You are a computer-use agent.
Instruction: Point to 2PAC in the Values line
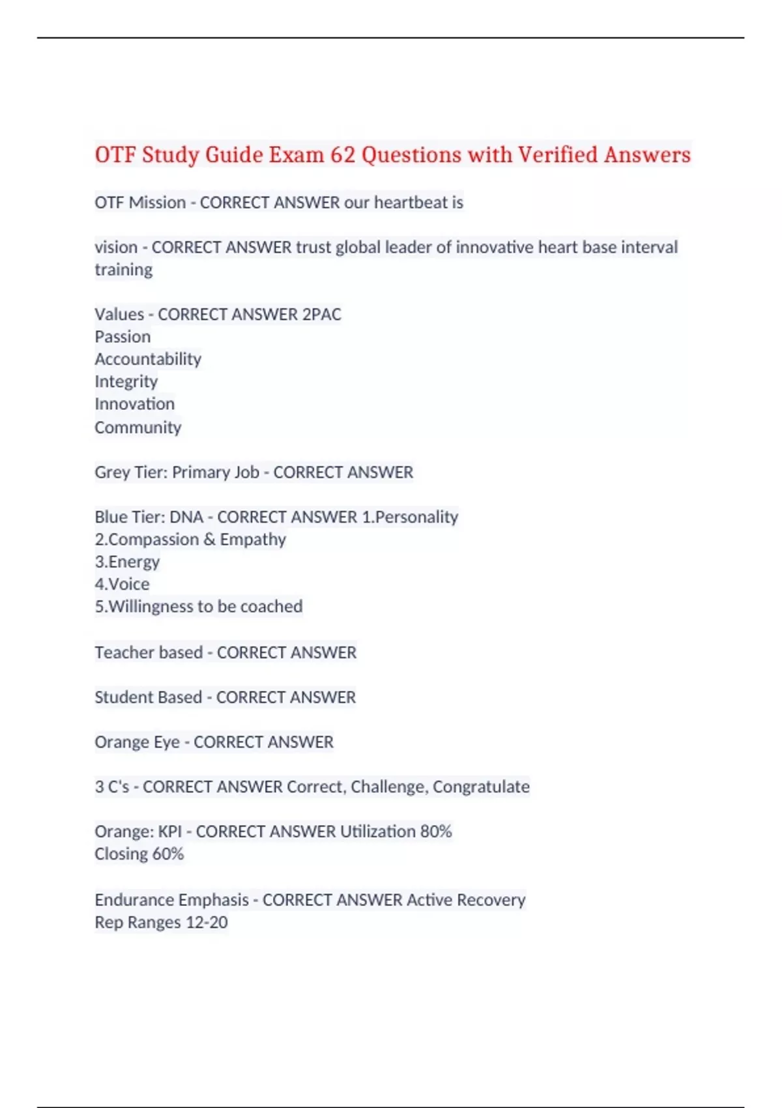(x=322, y=315)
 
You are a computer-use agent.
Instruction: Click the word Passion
(x=123, y=337)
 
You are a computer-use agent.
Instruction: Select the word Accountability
(x=148, y=359)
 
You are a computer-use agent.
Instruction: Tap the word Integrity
(x=126, y=382)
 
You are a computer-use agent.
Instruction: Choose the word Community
(x=138, y=428)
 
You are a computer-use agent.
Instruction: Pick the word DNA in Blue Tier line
(x=186, y=518)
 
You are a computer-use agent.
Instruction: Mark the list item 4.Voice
(x=122, y=585)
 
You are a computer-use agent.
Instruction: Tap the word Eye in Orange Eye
(x=167, y=742)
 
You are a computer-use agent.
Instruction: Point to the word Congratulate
(x=481, y=787)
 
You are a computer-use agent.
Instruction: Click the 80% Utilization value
(x=436, y=832)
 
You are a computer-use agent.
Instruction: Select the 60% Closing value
(x=168, y=854)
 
